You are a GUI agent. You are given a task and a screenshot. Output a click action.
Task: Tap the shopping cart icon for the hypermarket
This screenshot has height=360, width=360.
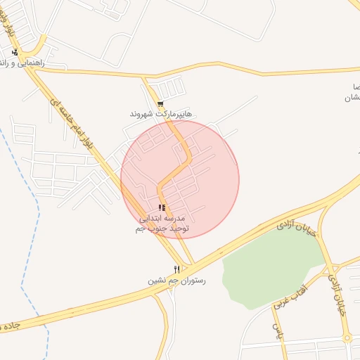[160, 104]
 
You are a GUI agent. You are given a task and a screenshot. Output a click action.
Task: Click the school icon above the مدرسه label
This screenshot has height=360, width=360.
[162, 208]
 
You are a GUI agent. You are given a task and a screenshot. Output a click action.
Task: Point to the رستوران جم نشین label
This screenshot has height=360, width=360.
[176, 281]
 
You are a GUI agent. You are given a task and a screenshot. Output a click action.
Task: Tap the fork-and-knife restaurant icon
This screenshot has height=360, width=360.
[176, 269]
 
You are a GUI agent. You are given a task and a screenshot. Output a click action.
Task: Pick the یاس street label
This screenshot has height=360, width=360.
[276, 328]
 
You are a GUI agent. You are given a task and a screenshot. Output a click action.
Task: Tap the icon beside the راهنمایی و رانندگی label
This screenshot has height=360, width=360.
[15, 52]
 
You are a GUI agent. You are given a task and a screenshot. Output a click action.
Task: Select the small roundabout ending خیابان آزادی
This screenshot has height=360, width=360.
[347, 338]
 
